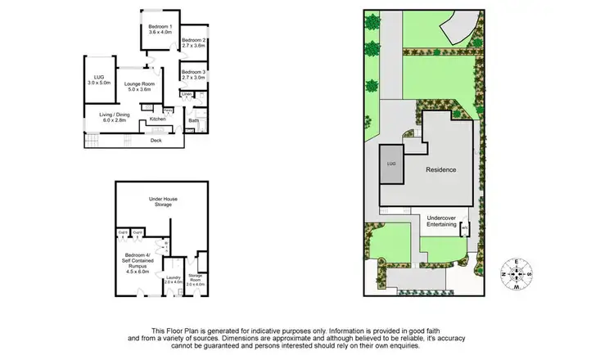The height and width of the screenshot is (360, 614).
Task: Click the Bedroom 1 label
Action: (160, 29)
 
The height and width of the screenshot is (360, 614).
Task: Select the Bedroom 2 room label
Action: (193, 43)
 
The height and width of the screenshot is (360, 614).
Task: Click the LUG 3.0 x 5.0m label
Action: (98, 80)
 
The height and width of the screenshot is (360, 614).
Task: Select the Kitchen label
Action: (157, 119)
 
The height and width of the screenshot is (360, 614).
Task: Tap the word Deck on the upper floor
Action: (156, 140)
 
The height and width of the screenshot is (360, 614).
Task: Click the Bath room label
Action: (193, 121)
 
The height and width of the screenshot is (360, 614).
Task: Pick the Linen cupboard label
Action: (187, 95)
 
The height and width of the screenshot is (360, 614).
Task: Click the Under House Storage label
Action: (164, 201)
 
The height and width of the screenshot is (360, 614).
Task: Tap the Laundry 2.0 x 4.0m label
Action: (173, 280)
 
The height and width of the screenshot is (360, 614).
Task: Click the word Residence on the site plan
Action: (440, 169)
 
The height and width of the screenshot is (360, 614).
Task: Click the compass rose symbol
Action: (516, 273)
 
